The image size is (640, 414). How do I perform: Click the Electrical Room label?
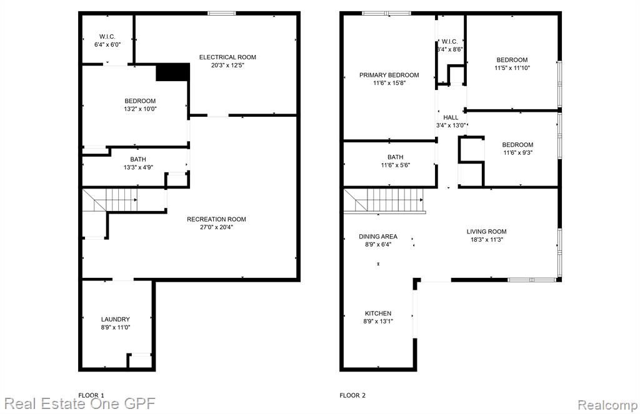click(x=227, y=57)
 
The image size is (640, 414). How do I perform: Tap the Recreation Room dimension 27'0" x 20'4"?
click(x=216, y=227)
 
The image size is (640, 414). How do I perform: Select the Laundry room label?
click(x=116, y=319)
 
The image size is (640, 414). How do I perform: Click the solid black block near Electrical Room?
click(x=173, y=72)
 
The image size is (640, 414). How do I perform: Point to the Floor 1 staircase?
click(x=110, y=200)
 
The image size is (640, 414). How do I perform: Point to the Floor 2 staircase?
click(x=384, y=200)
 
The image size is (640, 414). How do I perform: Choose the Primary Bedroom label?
click(x=389, y=75)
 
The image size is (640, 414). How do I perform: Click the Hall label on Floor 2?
click(x=451, y=117)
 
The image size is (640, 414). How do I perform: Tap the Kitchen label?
click(x=378, y=313)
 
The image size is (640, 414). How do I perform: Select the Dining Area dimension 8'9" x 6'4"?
click(x=378, y=244)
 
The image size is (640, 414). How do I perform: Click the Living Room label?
click(x=486, y=232)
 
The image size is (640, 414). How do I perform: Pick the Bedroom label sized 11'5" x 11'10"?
click(x=512, y=59)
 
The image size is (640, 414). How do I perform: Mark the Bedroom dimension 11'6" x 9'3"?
click(x=517, y=152)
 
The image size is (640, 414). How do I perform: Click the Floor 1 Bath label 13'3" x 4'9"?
click(x=138, y=159)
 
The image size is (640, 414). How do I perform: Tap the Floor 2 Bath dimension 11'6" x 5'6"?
click(x=395, y=165)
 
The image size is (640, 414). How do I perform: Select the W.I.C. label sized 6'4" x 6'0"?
click(x=107, y=37)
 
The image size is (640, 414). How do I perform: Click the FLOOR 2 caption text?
click(x=352, y=395)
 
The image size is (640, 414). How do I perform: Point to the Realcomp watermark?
click(x=607, y=405)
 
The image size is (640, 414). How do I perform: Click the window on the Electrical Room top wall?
click(x=222, y=14)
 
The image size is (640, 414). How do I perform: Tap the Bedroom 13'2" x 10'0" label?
click(x=140, y=101)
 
